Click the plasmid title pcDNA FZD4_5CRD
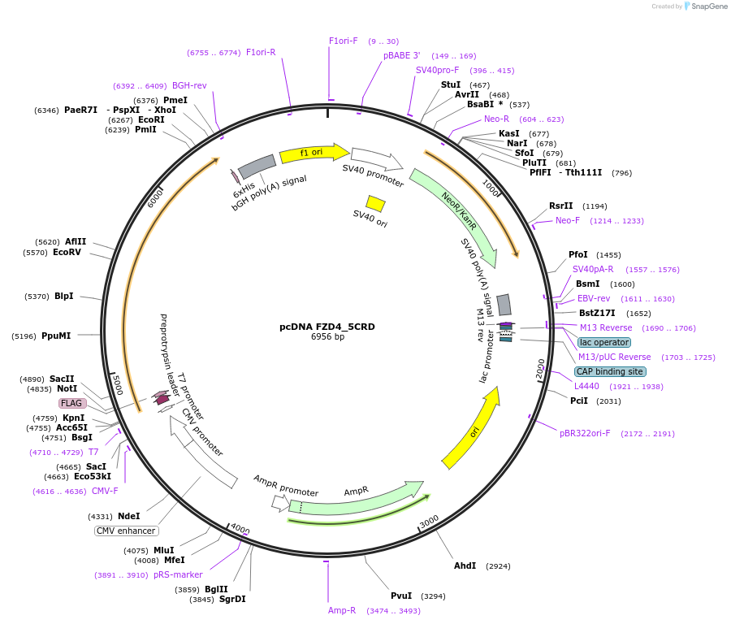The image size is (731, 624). (x=327, y=327)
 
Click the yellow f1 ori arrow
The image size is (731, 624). (x=314, y=153)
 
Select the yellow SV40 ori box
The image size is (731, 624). (x=375, y=203)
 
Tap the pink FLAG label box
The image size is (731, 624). (x=71, y=403)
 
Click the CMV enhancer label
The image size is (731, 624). (x=126, y=531)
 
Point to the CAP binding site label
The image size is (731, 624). (x=610, y=371)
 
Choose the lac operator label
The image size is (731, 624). (x=604, y=342)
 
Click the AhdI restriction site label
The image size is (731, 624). (x=465, y=565)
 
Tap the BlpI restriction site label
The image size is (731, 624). (x=63, y=296)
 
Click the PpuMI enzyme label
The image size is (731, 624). (x=56, y=336)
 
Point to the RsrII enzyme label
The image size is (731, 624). (x=560, y=206)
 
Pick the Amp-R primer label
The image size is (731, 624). (x=342, y=610)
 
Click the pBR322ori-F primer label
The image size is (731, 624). (x=585, y=433)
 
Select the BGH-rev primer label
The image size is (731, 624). (x=189, y=85)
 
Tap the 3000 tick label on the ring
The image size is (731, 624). (x=429, y=519)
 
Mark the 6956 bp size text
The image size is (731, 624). (x=327, y=337)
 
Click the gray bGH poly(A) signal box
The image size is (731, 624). (x=257, y=166)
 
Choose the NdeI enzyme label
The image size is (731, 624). (x=128, y=516)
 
